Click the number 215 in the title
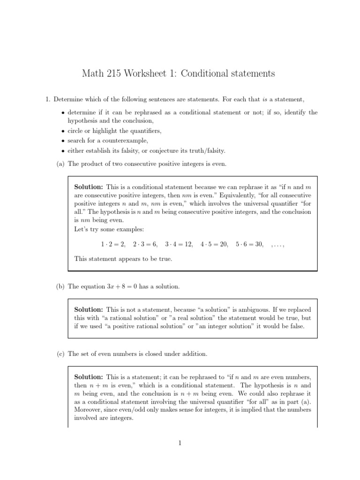pyautogui.click(x=112, y=74)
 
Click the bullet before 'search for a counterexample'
pyautogui.click(x=63, y=141)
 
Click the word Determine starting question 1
pyautogui.click(x=68, y=99)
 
